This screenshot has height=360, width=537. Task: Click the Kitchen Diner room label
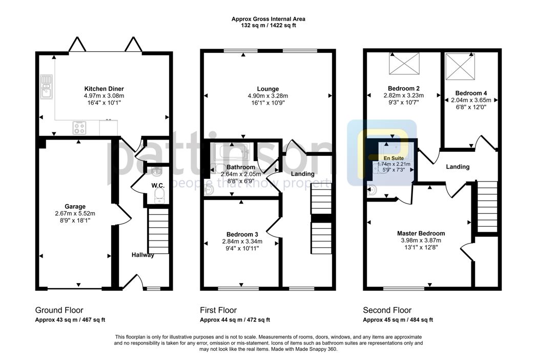click(104, 89)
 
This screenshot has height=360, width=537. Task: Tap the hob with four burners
click(79, 128)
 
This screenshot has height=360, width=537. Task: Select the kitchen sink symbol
click(46, 87)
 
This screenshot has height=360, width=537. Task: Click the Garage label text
click(75, 206)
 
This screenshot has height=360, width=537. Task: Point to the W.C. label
click(158, 186)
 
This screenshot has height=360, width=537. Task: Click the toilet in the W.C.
click(159, 196)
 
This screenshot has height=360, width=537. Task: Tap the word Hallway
click(143, 255)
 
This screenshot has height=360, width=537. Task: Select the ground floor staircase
click(158, 231)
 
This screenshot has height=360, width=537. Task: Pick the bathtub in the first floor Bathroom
click(231, 152)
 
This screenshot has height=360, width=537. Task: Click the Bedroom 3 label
click(242, 234)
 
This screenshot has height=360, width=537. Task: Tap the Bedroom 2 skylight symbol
click(404, 64)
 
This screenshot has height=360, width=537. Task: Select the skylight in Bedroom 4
click(460, 66)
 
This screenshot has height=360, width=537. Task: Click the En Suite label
click(393, 158)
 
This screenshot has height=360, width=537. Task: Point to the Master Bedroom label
click(421, 233)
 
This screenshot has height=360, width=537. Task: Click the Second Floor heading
click(387, 310)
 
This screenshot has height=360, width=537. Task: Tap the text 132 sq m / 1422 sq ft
click(268, 25)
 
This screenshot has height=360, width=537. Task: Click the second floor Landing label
click(458, 167)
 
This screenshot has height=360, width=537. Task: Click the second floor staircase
click(487, 207)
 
